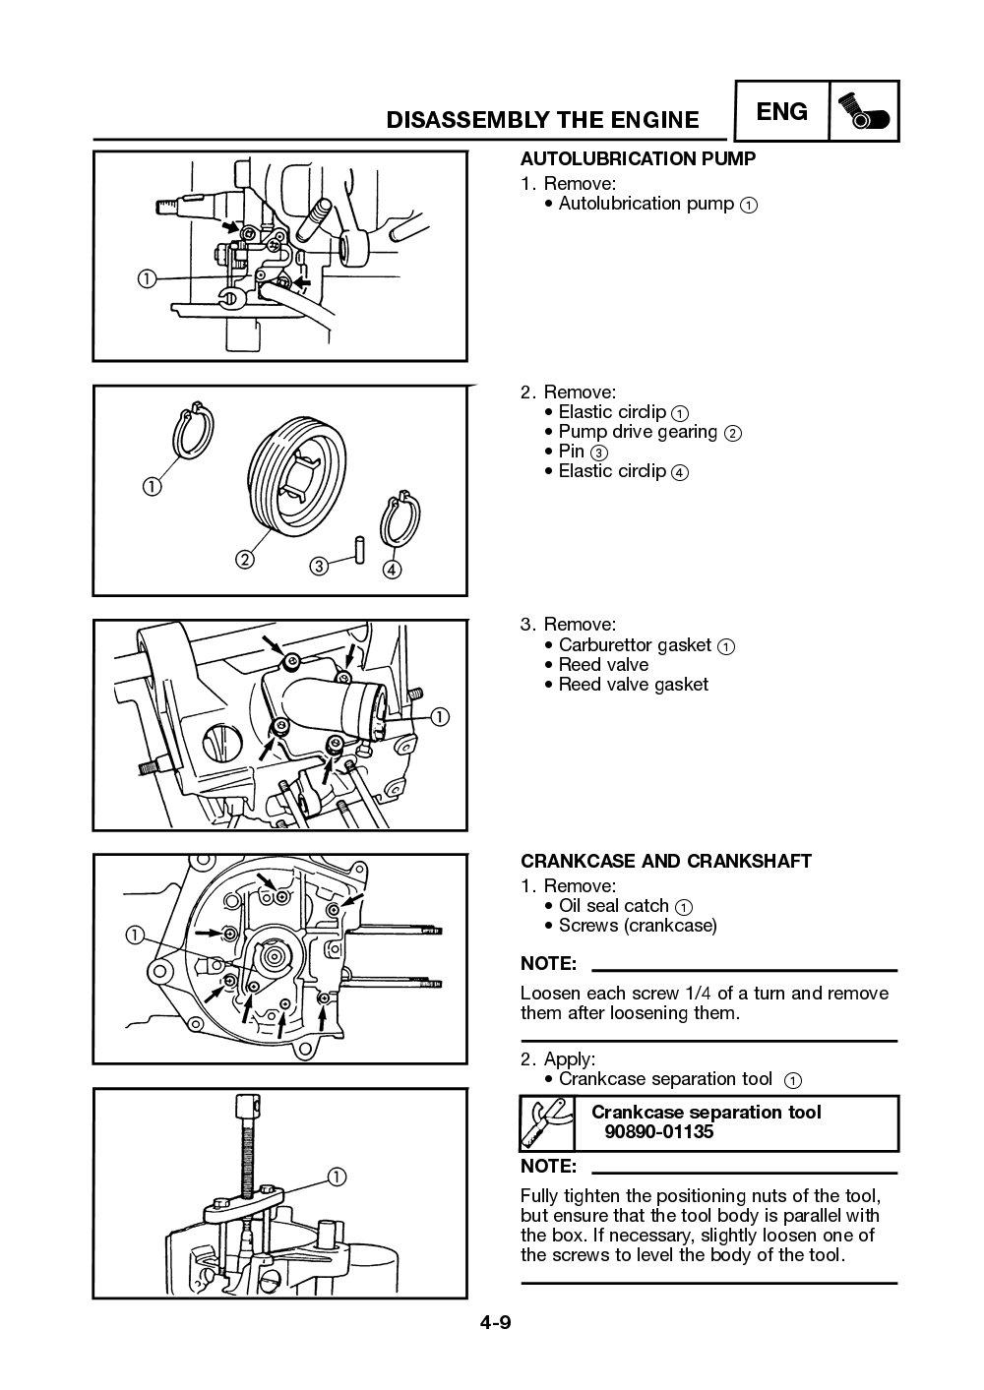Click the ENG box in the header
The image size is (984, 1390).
pyautogui.click(x=782, y=112)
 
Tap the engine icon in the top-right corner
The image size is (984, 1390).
pyautogui.click(x=865, y=112)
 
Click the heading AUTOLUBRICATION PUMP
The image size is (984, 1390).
pyautogui.click(x=638, y=158)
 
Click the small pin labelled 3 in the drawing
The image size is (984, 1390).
pyautogui.click(x=360, y=549)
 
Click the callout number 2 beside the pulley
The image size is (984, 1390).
pyautogui.click(x=243, y=560)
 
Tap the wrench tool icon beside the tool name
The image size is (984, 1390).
pyautogui.click(x=546, y=1123)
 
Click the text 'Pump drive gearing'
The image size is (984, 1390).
pyautogui.click(x=638, y=432)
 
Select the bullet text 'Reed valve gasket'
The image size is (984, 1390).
pyautogui.click(x=633, y=685)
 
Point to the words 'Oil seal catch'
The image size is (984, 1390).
pyautogui.click(x=613, y=906)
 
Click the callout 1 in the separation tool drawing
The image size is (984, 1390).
pyautogui.click(x=336, y=1177)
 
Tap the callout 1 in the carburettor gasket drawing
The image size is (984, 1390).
pyautogui.click(x=439, y=716)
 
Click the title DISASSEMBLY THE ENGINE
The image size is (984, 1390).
pyautogui.click(x=542, y=120)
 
